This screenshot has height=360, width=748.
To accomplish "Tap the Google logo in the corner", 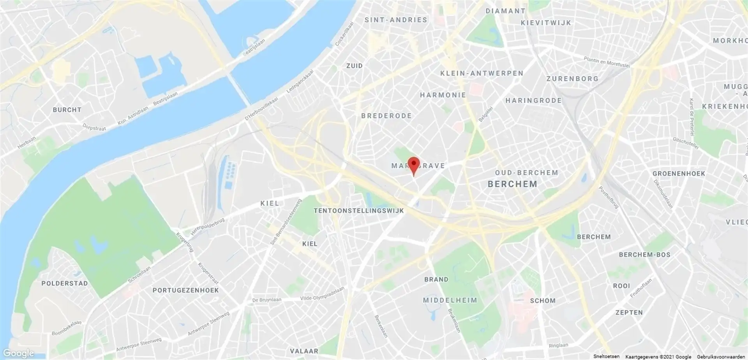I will pos(18,353).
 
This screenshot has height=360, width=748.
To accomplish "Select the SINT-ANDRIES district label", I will pos(396,20).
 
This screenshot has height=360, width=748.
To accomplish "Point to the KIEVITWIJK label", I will pos(546,23).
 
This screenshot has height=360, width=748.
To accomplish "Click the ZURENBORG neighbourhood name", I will pos(572,79).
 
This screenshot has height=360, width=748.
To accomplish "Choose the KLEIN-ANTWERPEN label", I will pos(482,73).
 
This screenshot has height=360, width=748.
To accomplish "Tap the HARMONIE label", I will pos(443,95).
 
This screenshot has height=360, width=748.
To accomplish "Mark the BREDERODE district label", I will pos(386,116).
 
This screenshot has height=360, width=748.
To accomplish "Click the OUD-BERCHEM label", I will pos(527,173).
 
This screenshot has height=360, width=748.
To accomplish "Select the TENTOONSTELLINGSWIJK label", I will pos(359,211).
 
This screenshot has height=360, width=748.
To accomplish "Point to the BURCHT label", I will pos(67,110).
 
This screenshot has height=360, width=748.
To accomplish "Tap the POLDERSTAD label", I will pos(65,283).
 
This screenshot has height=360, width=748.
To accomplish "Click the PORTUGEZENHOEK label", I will pos(186,290).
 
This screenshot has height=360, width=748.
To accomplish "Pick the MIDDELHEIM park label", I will pos(450,300).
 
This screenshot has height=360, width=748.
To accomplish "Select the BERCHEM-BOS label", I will pos(645,255).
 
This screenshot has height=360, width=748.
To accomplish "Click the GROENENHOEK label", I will pos(679,173).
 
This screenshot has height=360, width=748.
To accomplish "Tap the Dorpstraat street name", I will pos(94,127).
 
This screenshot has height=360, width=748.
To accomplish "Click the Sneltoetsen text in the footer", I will pos(606,356).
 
